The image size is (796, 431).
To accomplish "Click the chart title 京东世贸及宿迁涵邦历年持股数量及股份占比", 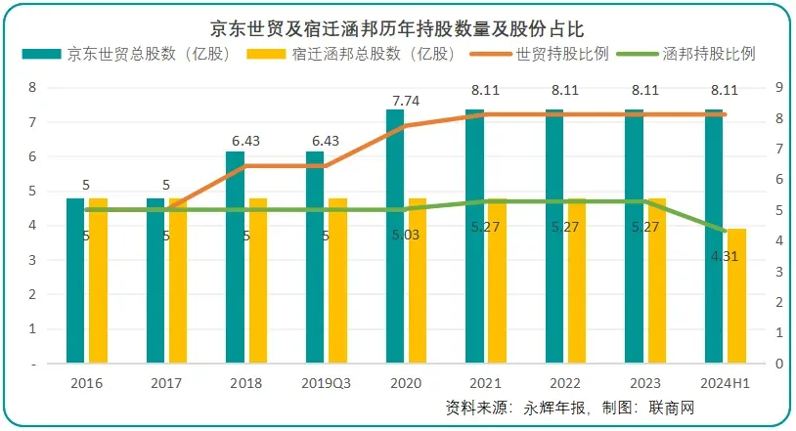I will tap(397, 26).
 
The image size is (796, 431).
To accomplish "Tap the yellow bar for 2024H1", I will tap(736, 295).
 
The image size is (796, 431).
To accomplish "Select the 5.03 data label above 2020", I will tap(406, 235).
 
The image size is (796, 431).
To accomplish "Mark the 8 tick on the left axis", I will tap(34, 88).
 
